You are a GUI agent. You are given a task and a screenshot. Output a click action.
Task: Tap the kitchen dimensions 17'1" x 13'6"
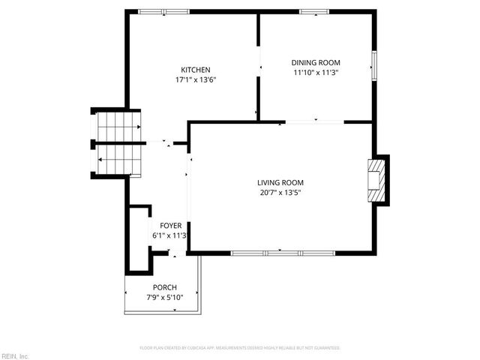pyautogui.click(x=195, y=79)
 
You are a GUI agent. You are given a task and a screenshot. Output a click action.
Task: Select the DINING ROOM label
pyautogui.click(x=316, y=63)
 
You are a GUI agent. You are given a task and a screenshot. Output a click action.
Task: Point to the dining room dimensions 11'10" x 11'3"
pyautogui.click(x=316, y=73)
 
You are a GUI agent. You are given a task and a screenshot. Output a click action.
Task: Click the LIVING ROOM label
pyautogui.click(x=280, y=182)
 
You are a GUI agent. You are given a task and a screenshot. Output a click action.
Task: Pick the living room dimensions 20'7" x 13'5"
pyautogui.click(x=280, y=192)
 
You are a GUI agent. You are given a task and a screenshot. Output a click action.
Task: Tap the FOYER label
pyautogui.click(x=169, y=226)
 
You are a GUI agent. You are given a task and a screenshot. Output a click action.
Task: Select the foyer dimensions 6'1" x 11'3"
pyautogui.click(x=169, y=235)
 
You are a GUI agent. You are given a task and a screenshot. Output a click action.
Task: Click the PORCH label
pyautogui.click(x=164, y=287)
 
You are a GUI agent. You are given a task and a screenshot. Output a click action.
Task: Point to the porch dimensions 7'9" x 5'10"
pyautogui.click(x=164, y=297)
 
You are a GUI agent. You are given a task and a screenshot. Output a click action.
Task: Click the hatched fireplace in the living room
pyautogui.click(x=376, y=180)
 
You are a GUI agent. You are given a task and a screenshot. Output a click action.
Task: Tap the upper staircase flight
pyautogui.click(x=117, y=125)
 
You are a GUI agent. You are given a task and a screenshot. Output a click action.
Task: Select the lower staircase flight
pyautogui.click(x=117, y=158)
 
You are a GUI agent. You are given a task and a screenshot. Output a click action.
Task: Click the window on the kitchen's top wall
pyautogui.click(x=164, y=11)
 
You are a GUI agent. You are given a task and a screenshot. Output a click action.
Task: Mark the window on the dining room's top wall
pyautogui.click(x=313, y=11)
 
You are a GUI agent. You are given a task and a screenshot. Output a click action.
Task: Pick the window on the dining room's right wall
pyautogui.click(x=373, y=65)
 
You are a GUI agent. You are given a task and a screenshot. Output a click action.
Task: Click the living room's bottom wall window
pyautogui.click(x=283, y=253)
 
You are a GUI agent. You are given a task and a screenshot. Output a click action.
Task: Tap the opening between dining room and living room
pyautogui.click(x=314, y=122)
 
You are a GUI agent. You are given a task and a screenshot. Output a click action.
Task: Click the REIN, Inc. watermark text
pyautogui.click(x=15, y=355)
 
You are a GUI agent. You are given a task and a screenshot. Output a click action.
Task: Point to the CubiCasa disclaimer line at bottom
pyautogui.click(x=240, y=348)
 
